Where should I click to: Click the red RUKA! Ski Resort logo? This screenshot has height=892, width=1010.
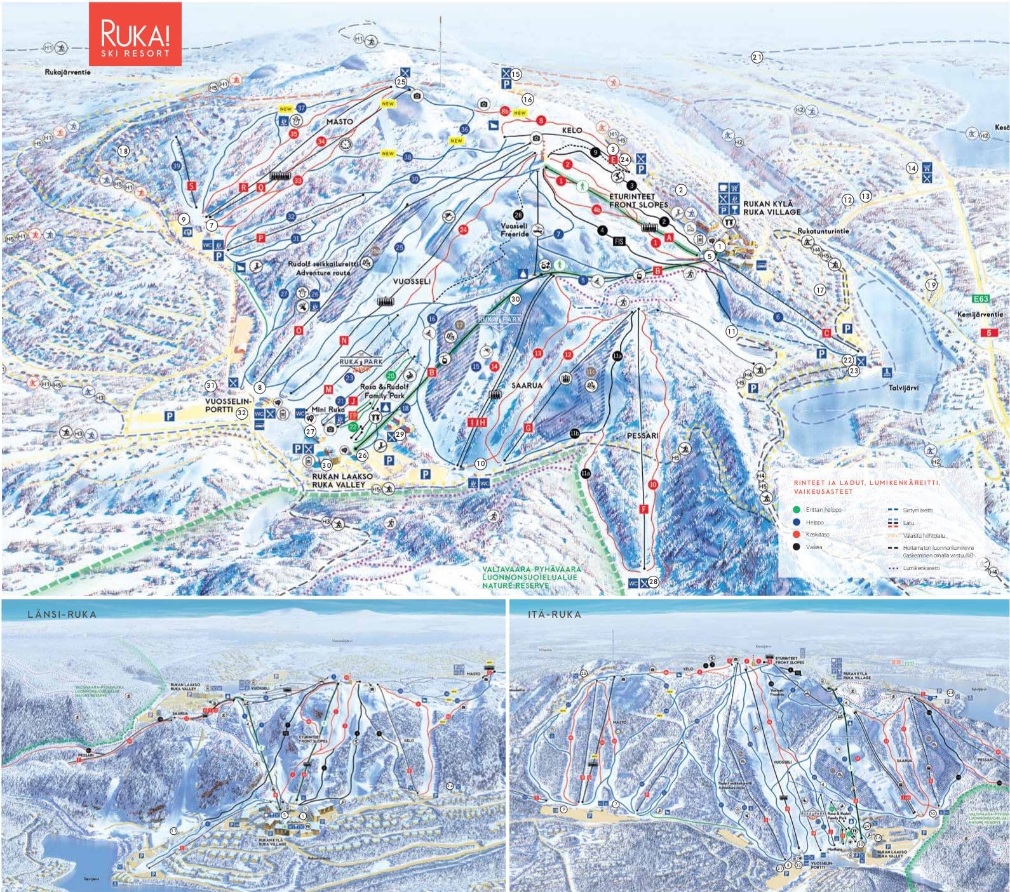(135, 34)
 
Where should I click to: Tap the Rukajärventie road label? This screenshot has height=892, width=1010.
(68, 72)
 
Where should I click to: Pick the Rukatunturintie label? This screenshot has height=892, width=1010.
(823, 232)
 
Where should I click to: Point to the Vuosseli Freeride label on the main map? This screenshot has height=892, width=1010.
(515, 229)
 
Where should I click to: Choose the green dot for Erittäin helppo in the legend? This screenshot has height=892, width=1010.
(797, 509)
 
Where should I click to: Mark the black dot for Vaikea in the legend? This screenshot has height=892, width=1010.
(797, 546)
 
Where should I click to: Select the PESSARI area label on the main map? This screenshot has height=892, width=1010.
(642, 436)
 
